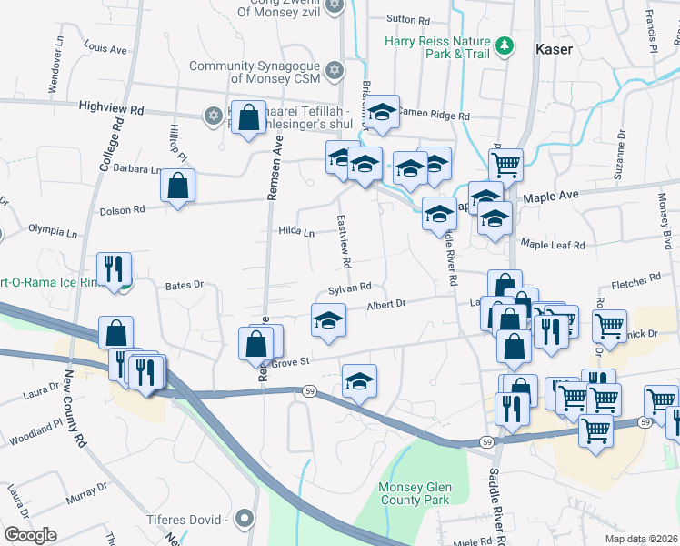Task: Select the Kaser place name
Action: pyautogui.click(x=554, y=49)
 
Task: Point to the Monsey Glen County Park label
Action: pyautogui.click(x=415, y=493)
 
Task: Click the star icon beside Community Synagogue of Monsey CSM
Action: pyautogui.click(x=334, y=70)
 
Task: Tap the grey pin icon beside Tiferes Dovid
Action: pyautogui.click(x=243, y=519)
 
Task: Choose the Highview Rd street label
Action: pyautogui.click(x=111, y=108)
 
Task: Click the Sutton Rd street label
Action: pyautogui.click(x=407, y=19)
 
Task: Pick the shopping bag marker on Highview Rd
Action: pyautogui.click(x=248, y=117)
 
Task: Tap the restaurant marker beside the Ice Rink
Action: pyautogui.click(x=114, y=268)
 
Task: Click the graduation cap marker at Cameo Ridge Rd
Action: pyautogui.click(x=383, y=112)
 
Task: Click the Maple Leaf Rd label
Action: pyautogui.click(x=553, y=244)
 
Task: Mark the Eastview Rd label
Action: pyautogui.click(x=344, y=241)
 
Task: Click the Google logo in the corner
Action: pyautogui.click(x=30, y=535)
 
